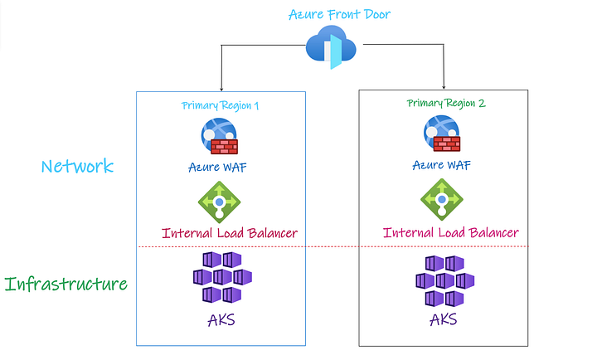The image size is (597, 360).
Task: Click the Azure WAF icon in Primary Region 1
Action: point(219,137)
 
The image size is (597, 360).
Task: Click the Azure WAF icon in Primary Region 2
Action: point(443,134)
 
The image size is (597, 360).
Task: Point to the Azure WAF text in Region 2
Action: point(442,164)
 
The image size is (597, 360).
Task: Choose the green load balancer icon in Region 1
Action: point(219,201)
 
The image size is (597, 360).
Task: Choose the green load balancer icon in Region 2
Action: point(442,198)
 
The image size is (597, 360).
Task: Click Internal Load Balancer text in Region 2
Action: point(450,232)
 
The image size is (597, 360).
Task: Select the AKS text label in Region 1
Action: point(220,319)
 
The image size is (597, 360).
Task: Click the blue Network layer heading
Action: point(77,166)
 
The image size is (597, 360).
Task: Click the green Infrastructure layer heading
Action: point(66,285)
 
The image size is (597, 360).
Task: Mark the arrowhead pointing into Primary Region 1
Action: point(221,87)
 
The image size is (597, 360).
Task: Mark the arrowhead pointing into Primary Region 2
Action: point(444,85)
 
